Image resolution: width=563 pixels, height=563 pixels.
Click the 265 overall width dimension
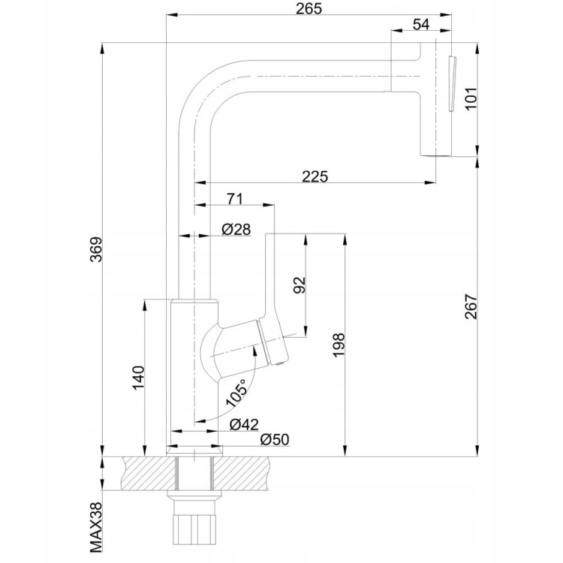coord(309,8)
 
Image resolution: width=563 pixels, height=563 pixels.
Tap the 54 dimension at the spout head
coord(421,25)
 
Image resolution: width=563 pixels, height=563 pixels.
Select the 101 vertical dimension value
coord(471,98)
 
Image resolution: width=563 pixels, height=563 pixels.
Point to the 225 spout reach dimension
coord(315,176)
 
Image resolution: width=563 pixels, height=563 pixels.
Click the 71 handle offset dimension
coord(234,199)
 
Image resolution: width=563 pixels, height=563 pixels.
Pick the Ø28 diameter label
coord(236,229)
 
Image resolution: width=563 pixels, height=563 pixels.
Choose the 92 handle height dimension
coord(299,285)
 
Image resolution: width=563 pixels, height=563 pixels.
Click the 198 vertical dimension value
coord(339,345)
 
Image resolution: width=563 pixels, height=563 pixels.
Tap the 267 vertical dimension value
coord(471,306)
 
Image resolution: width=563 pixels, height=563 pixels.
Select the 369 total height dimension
coord(96,249)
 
